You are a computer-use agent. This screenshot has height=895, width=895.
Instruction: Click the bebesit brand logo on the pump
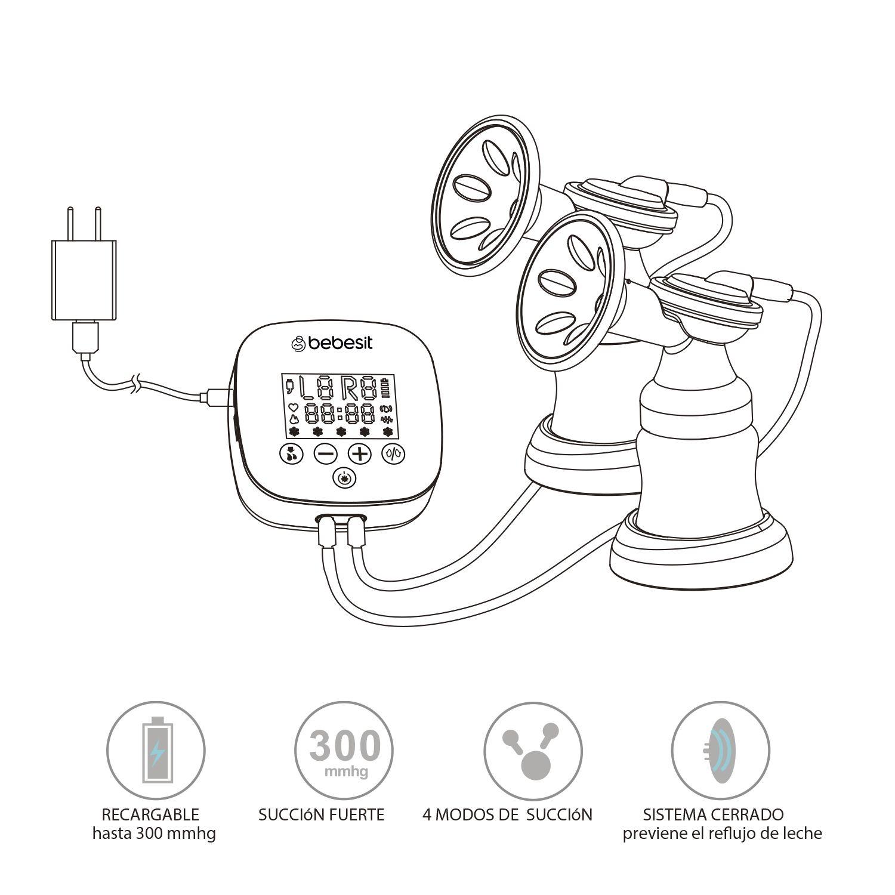(332, 343)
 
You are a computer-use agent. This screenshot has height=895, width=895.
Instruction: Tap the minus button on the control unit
(326, 454)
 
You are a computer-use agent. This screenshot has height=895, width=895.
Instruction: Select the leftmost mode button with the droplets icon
(291, 454)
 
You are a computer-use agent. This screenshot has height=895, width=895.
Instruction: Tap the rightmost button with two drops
(394, 454)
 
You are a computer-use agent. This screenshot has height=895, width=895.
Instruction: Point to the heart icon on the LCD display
(293, 407)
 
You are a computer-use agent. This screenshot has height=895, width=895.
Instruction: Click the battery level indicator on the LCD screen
(391, 388)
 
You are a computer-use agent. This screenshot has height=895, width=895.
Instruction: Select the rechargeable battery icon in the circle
(156, 749)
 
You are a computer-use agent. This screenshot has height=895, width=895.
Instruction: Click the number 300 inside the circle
(345, 746)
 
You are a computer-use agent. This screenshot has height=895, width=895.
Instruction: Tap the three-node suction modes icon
(532, 749)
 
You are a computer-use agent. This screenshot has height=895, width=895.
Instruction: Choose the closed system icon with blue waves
(720, 749)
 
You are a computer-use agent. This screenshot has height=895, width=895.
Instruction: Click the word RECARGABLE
(150, 814)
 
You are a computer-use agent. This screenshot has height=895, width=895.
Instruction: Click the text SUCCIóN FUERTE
(321, 814)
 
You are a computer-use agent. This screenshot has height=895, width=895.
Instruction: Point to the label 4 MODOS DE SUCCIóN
(507, 814)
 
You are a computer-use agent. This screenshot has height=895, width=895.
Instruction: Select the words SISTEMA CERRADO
(713, 814)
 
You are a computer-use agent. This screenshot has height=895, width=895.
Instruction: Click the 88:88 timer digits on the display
(340, 413)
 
